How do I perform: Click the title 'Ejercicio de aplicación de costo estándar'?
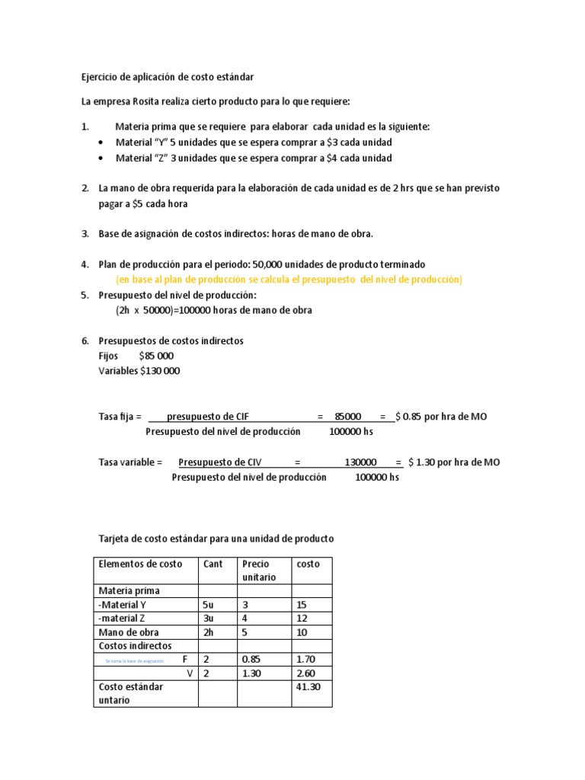click(168, 78)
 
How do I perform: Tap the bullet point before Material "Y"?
click(103, 142)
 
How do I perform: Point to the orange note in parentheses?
click(289, 280)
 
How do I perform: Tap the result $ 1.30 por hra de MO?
click(454, 462)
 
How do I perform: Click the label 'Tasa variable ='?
click(131, 462)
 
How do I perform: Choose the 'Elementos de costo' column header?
click(140, 564)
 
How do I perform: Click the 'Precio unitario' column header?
click(255, 571)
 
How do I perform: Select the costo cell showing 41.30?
click(308, 686)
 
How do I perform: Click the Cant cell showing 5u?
click(210, 605)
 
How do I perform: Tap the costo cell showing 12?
click(303, 618)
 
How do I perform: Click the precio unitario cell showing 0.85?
click(251, 659)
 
